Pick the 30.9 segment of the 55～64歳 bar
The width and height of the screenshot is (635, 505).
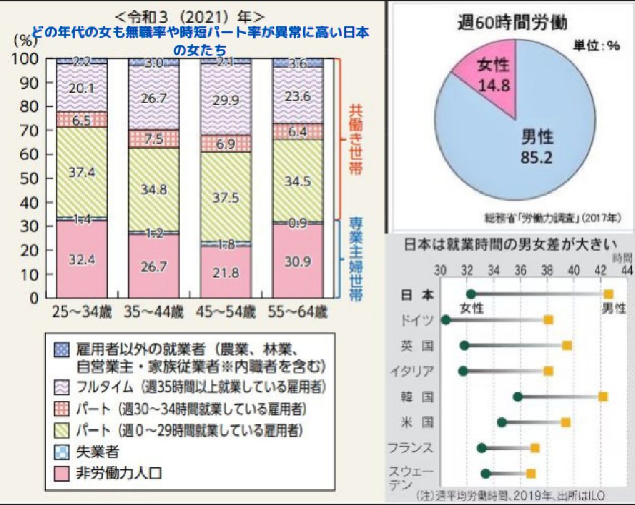298,260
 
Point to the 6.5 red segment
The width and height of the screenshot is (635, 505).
81,119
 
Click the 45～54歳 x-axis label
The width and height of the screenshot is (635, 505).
225,311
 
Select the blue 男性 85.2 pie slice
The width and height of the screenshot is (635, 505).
530,145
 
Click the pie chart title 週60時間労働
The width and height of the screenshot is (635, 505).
512,23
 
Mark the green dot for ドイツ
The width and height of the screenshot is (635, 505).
445,320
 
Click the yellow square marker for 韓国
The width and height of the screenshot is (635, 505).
603,396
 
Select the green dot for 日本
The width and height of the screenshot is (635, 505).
471,294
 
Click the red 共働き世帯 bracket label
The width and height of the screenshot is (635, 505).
357,139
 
